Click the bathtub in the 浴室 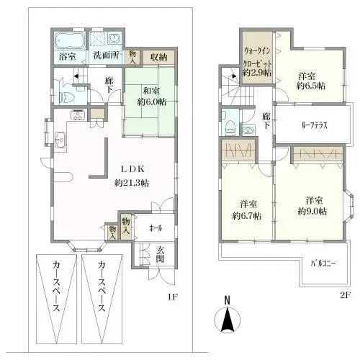point(69,39)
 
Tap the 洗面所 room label point(105,55)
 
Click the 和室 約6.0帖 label point(152,95)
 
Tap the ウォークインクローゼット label point(257,61)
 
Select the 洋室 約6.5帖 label point(311,79)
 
